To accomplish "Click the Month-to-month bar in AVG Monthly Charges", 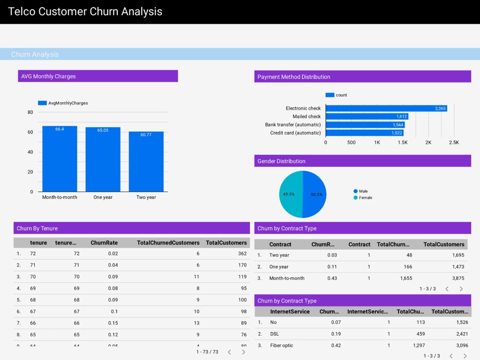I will (60, 159).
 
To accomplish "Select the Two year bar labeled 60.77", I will (146, 162).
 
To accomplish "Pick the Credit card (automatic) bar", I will (364, 133).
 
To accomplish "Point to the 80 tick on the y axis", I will (30, 112).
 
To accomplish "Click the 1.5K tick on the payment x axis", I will (402, 142).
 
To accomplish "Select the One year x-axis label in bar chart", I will (103, 197).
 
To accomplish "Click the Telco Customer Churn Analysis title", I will (85, 12).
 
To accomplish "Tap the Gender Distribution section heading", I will (281, 161).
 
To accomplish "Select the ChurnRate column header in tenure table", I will (104, 243).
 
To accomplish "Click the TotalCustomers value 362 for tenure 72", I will (242, 254).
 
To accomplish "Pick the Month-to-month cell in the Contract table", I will (286, 278).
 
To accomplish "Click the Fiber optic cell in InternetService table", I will (281, 345).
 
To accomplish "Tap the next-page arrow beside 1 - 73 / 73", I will (243, 352).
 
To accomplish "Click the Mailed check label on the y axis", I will (307, 117).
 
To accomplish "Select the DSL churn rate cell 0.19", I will (336, 334).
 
